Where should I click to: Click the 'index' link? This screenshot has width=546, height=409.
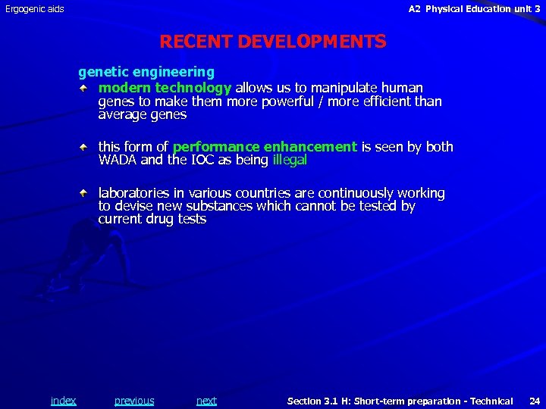point(63,401)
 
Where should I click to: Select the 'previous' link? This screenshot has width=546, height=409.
point(134,401)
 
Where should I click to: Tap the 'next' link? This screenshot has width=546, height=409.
point(206,401)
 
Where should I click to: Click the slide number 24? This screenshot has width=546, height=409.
point(534,401)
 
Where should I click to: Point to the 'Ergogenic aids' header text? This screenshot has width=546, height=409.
point(35,9)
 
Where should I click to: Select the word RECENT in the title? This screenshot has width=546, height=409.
point(196,42)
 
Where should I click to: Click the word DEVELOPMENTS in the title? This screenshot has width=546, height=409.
point(312,42)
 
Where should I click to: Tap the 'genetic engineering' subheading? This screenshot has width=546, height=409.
point(146,72)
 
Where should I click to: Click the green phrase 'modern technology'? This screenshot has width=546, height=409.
point(165,89)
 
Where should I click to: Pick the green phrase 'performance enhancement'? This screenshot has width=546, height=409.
point(265,147)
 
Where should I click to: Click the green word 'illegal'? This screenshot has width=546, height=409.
point(289,160)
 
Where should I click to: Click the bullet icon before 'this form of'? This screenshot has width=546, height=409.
point(88,147)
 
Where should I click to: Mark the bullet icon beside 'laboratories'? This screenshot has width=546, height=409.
point(88,194)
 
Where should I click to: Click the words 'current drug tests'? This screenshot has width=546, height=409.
point(152,219)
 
